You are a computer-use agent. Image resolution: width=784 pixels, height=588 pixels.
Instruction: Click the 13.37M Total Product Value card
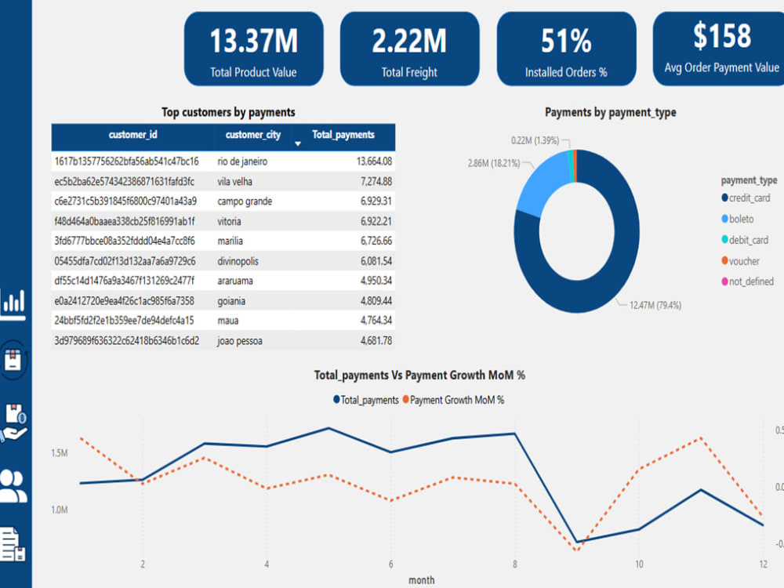pos(253,49)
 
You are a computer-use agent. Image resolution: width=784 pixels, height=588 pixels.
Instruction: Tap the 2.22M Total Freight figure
pos(409,41)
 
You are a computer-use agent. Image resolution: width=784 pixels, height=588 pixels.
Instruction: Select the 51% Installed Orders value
pos(566,41)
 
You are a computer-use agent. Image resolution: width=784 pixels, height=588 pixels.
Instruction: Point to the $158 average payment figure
pos(721,36)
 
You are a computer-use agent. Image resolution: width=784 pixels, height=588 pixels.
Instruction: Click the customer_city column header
pos(253,135)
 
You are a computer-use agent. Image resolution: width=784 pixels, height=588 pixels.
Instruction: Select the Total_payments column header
pos(343,135)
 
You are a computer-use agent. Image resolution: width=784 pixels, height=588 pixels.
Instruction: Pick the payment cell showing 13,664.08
pos(374,162)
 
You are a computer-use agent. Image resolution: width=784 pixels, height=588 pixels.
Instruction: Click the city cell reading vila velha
pos(234,182)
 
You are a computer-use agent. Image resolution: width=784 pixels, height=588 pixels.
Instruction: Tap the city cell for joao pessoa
pos(239,341)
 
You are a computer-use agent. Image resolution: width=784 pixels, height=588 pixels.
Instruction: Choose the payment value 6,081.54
pos(376,261)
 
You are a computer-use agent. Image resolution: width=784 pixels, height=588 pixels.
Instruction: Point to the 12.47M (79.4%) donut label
pos(655,305)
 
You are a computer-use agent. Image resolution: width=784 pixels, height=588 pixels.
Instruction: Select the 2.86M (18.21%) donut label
pos(493,163)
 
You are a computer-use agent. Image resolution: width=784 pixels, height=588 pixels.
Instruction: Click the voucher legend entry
pos(740,261)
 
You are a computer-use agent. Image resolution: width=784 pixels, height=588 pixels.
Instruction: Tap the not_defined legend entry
pos(747,281)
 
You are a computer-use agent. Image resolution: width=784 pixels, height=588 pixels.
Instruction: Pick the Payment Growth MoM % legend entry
pos(453,400)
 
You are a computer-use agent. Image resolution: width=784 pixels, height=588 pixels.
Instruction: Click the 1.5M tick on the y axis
pos(59,453)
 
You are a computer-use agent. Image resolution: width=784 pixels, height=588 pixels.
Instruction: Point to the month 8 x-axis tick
pos(515,564)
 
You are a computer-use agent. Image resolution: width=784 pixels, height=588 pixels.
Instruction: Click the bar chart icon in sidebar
pos(13,303)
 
